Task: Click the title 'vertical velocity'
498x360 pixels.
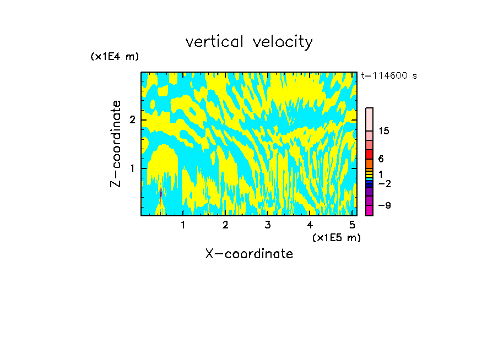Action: point(249,42)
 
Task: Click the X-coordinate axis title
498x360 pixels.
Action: point(249,254)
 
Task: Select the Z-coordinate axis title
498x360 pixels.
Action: point(116,144)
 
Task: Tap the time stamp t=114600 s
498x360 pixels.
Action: point(388,76)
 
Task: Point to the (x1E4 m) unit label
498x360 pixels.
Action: point(115,57)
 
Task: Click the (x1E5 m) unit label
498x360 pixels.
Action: point(336,237)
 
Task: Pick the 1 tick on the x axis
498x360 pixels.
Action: point(183,225)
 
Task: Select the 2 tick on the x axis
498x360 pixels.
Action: point(225,225)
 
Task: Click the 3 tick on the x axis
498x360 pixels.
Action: point(268,225)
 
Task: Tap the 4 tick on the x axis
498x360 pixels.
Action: point(310,225)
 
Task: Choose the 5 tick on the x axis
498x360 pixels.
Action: point(352,225)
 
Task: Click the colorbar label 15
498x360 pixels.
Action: point(384,131)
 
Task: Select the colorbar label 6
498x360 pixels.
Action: point(381,159)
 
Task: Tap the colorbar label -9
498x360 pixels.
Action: point(384,205)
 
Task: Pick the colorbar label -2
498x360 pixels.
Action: point(384,183)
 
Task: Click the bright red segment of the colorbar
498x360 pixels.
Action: point(370,154)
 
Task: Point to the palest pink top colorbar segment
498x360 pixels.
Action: point(370,119)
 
